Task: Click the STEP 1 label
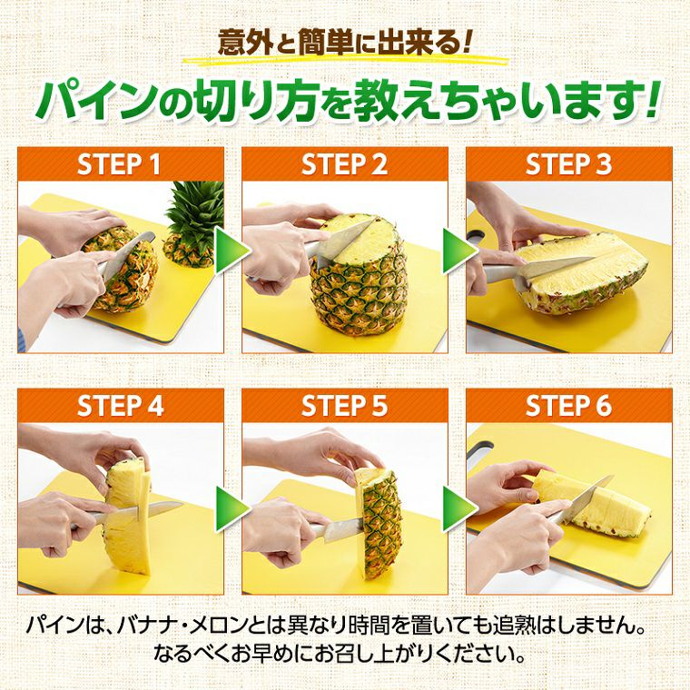click(x=119, y=165)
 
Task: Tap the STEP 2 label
click(x=344, y=165)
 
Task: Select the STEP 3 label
click(x=569, y=165)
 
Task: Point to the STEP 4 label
click(x=119, y=406)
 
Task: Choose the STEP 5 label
click(x=344, y=406)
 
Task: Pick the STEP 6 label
click(x=569, y=406)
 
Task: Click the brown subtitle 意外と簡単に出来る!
click(x=345, y=42)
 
